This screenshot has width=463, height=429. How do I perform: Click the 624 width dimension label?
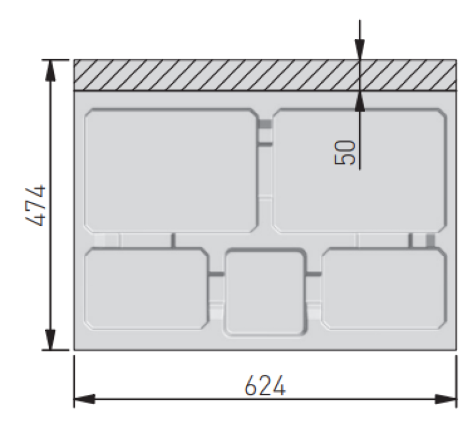coord(264,386)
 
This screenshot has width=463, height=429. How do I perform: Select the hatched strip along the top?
coord(263,75)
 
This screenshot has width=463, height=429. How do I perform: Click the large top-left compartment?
coord(171,171)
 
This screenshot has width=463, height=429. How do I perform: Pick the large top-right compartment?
coord(359,171)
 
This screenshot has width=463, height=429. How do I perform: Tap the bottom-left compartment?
coord(146,288)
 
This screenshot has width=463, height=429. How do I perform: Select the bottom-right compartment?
coord(384,288)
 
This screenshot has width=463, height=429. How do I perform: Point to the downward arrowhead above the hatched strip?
coord(359,50)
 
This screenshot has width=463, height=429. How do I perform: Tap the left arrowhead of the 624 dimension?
coord(84,399)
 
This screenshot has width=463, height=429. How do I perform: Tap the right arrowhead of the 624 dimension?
coord(446,399)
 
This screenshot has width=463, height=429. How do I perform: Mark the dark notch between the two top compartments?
coord(264,124)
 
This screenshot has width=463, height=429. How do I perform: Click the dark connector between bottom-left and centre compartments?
coord(216,273)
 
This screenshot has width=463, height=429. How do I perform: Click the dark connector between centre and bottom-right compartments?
coord(313,273)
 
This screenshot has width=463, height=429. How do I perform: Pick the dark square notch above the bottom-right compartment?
coord(431,240)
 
